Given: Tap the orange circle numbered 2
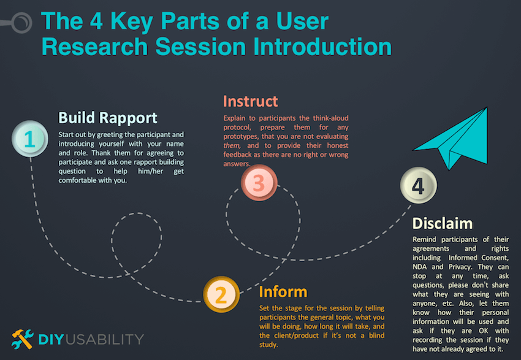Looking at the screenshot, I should coord(222,295).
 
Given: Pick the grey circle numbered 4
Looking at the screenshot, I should coord(418,186).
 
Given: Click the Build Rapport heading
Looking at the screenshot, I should coord(108,117).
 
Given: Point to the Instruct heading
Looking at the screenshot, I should coord(250,101).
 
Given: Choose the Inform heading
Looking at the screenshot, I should coord(283,291).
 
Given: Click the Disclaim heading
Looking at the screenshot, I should coord(442,223).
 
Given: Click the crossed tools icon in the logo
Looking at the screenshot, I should coord(23,339).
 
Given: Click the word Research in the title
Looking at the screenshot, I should coord(99,47).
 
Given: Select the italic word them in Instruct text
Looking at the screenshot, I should coord(233,146).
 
